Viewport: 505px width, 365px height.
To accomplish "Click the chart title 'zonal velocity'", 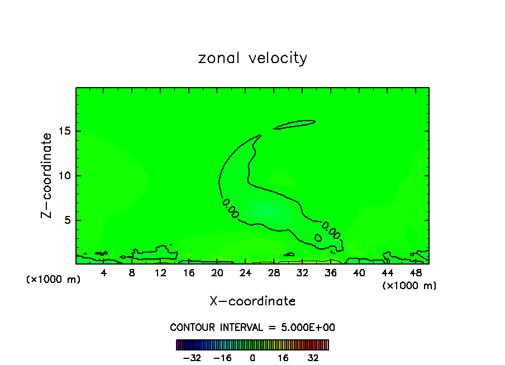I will click(x=252, y=58).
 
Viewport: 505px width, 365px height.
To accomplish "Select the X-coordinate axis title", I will click(x=252, y=301).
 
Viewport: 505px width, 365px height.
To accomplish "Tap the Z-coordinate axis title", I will click(x=47, y=175).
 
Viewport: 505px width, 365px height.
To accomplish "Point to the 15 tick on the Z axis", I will click(x=65, y=132).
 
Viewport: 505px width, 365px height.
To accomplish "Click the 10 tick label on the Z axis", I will click(x=65, y=176).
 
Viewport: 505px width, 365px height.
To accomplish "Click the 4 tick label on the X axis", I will click(x=104, y=273).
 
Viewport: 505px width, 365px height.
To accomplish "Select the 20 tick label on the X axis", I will click(x=217, y=273).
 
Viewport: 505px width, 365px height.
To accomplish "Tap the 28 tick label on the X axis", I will click(x=274, y=273).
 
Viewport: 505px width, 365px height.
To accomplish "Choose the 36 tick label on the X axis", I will click(x=330, y=273).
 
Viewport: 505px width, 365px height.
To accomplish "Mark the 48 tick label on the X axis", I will click(x=415, y=273).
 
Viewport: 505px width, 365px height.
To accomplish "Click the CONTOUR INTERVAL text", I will click(x=252, y=327).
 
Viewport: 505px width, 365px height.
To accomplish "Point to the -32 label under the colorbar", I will click(x=192, y=358).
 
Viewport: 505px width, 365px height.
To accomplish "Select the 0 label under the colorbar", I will click(x=252, y=358).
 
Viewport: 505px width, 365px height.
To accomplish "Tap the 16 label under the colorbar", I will click(x=283, y=358).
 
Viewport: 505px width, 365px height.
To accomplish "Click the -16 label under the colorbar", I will click(x=222, y=358).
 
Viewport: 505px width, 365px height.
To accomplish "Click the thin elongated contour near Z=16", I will click(x=294, y=124).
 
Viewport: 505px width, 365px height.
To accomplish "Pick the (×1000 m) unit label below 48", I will click(x=409, y=286).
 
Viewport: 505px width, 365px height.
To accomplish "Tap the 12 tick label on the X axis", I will click(x=160, y=273).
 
